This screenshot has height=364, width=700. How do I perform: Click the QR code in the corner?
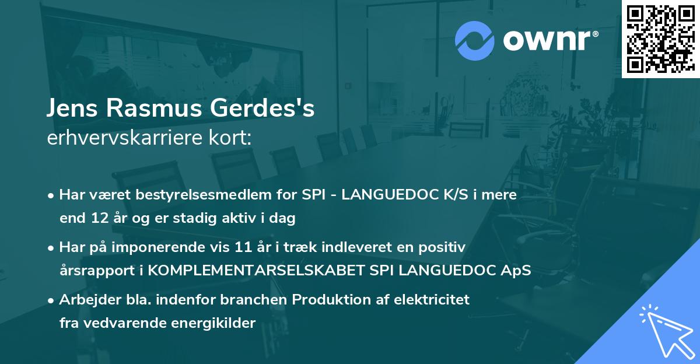click(660, 39)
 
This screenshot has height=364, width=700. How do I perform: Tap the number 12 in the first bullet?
click(97, 219)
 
